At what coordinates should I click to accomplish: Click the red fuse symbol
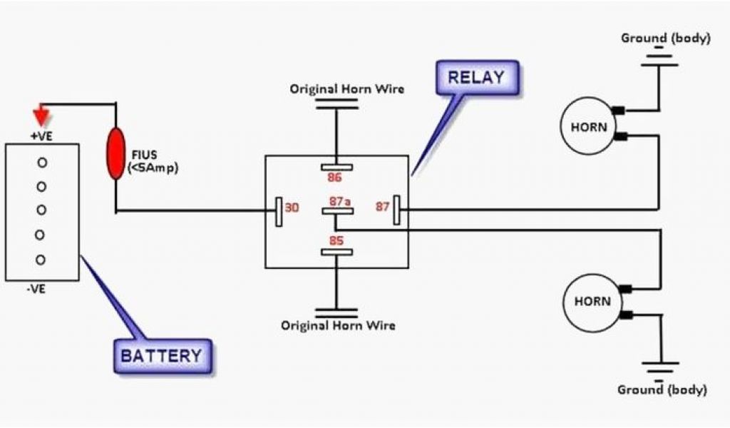coord(114,153)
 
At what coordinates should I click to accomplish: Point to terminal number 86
coord(334,177)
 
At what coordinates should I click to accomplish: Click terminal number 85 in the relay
coord(336,240)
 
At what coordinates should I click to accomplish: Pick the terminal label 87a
coord(340,202)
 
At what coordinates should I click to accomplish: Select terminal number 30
coord(292,208)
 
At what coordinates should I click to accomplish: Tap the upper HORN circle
coord(590,128)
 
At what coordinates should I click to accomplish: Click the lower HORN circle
coord(592,301)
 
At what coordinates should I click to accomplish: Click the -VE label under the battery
coord(41,290)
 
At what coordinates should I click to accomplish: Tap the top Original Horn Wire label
coord(346,89)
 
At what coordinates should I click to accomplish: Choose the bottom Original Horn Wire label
coord(338,325)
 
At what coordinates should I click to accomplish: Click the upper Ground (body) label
coord(665,38)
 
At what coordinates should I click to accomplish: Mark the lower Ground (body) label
coord(662,390)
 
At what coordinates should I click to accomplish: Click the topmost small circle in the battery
coord(42,163)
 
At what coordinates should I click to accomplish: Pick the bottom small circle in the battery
coord(41,259)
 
